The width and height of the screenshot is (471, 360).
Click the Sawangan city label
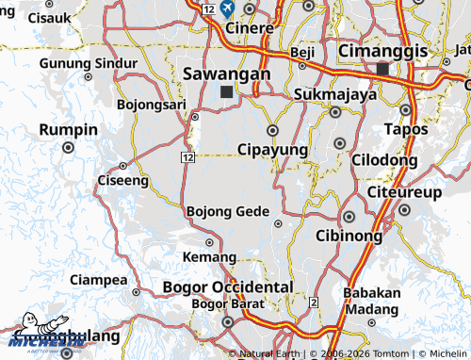click(x=227, y=73)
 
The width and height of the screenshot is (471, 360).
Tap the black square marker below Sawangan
click(x=226, y=92)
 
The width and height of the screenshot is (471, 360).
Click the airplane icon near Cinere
click(x=228, y=8)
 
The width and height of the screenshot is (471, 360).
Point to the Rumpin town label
click(x=68, y=129)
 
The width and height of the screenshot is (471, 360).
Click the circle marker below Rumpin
click(x=68, y=148)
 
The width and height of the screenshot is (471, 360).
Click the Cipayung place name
click(x=272, y=150)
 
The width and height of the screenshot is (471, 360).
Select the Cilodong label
click(x=384, y=160)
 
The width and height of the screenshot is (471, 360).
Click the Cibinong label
click(x=349, y=235)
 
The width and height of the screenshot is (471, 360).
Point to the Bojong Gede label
click(x=228, y=211)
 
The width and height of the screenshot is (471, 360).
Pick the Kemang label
click(x=208, y=256)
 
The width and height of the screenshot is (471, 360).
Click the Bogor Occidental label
click(x=228, y=286)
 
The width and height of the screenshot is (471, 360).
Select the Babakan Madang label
click(x=371, y=301)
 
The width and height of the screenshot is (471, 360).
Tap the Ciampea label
click(x=98, y=280)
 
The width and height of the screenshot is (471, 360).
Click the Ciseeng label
click(x=122, y=179)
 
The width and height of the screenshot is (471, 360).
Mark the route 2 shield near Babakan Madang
click(x=312, y=301)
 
